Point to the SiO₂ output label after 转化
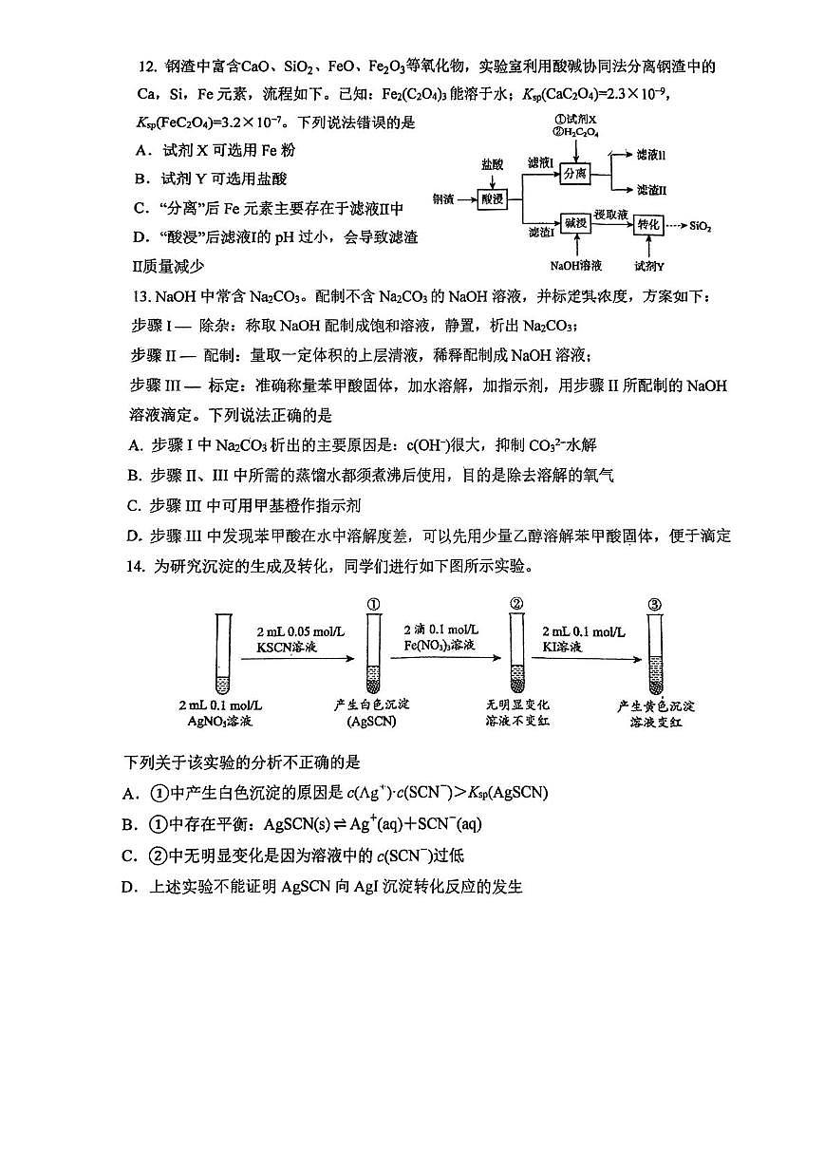(x=702, y=227)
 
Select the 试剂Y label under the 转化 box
(x=649, y=265)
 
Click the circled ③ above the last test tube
(x=654, y=603)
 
